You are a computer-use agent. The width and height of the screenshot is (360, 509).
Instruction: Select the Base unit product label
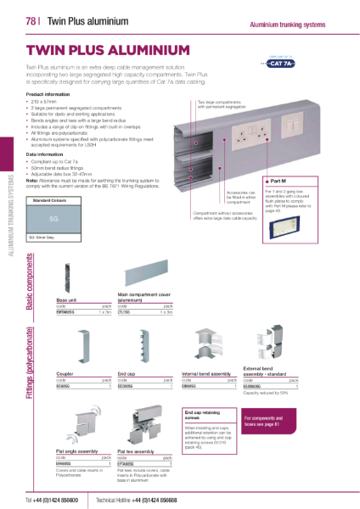[x=69, y=300]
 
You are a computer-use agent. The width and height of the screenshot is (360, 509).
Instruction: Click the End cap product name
[x=126, y=372]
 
